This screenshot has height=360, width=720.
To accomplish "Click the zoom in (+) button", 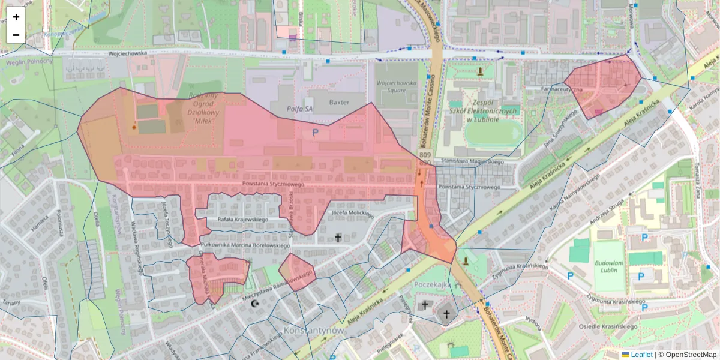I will (x=16, y=17).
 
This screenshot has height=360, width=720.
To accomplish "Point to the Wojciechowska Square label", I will (x=396, y=86).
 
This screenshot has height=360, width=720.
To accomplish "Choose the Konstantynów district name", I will (x=313, y=331).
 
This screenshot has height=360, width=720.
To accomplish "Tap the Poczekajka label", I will (x=432, y=285).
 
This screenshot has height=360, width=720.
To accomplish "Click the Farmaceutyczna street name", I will (x=561, y=89).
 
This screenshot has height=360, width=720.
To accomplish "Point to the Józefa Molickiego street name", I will (x=352, y=213).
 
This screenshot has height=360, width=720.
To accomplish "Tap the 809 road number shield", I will (x=425, y=156).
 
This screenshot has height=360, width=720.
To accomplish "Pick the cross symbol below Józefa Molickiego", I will (x=338, y=238).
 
